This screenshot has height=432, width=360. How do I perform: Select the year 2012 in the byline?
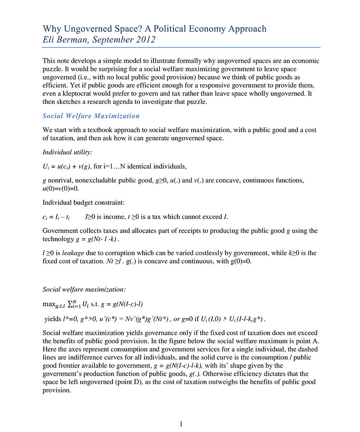click(145, 40)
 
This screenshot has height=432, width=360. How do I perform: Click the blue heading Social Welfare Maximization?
click(91, 116)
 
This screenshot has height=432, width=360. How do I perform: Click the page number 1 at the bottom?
click(180, 423)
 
